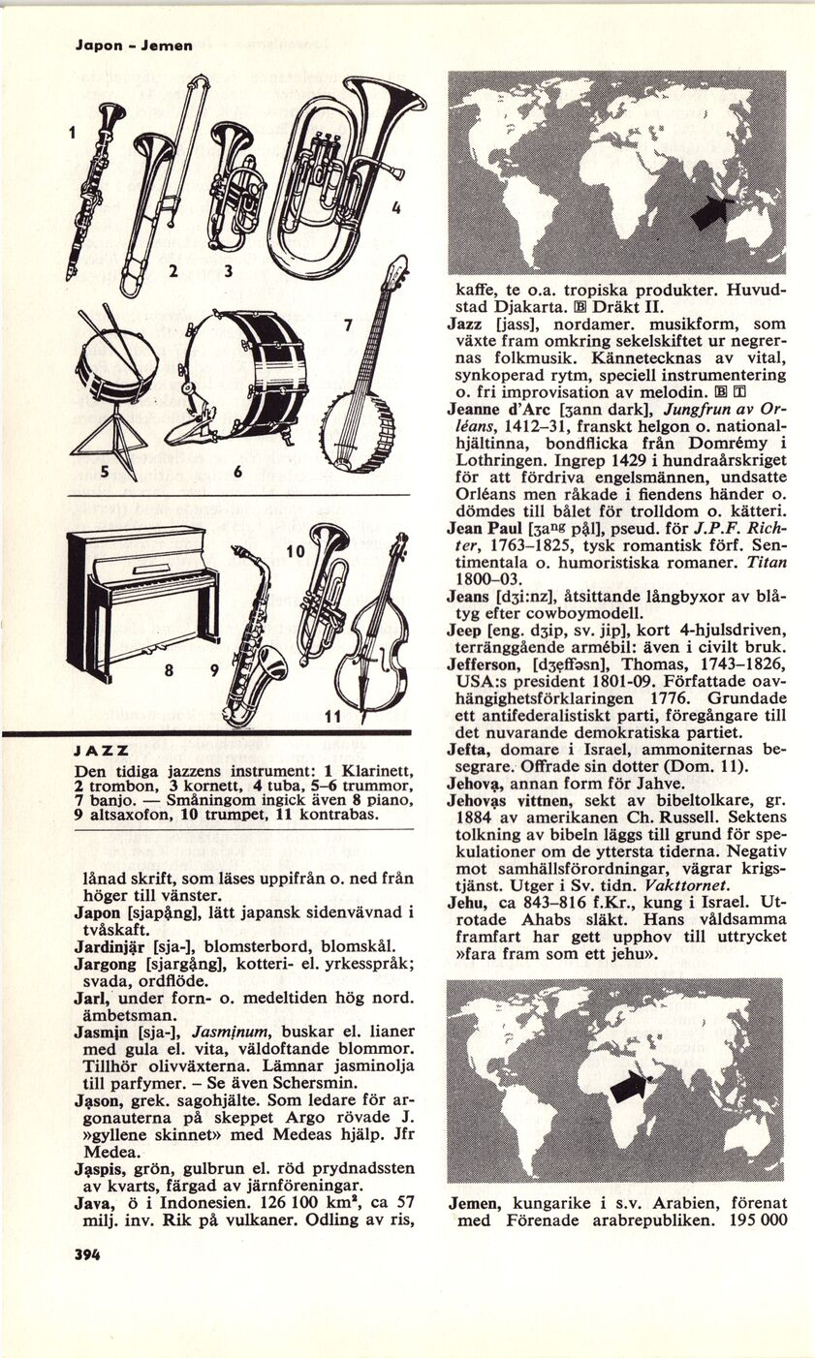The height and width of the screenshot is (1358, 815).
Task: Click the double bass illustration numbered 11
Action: (374, 630)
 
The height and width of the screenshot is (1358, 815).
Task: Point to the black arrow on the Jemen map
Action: (629, 1086)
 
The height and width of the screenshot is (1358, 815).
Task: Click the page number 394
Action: (88, 1252)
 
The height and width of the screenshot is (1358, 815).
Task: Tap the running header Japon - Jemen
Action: (134, 45)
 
